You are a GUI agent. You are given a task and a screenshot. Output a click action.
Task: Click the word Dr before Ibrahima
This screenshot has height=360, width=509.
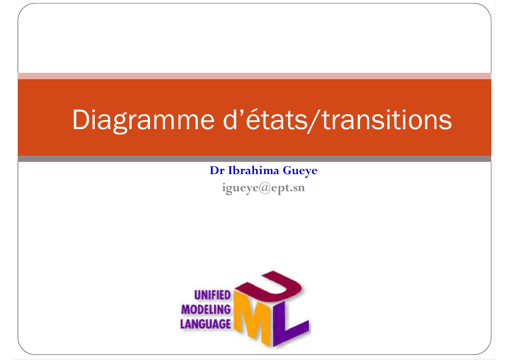pos(217,171)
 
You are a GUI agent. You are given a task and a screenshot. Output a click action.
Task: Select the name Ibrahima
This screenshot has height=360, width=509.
pos(253,170)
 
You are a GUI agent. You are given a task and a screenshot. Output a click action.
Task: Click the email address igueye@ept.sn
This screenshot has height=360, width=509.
pos(263,188)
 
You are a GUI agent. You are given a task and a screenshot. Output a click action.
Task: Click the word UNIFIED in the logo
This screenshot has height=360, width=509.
pos(212,295)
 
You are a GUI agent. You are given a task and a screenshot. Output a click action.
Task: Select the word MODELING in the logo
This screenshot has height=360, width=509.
pos(206,310)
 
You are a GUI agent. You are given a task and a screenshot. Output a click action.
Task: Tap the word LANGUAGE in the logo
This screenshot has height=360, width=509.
pos(205,324)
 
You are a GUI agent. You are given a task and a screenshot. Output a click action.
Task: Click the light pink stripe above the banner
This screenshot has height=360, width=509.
pos(255,76)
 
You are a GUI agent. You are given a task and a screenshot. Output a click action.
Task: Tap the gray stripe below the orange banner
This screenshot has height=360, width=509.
pos(255,159)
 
